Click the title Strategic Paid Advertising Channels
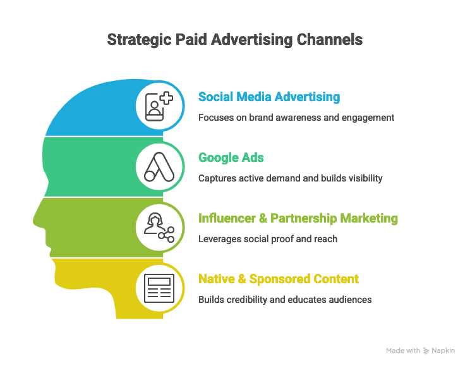click(235, 39)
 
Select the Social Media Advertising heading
click(269, 97)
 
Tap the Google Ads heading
click(231, 158)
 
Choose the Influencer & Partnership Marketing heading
click(298, 218)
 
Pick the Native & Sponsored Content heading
click(279, 279)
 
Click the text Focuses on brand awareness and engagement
click(296, 118)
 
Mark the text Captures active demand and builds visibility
click(291, 178)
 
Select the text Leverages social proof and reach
click(268, 239)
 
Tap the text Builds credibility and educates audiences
click(285, 299)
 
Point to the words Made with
click(403, 350)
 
